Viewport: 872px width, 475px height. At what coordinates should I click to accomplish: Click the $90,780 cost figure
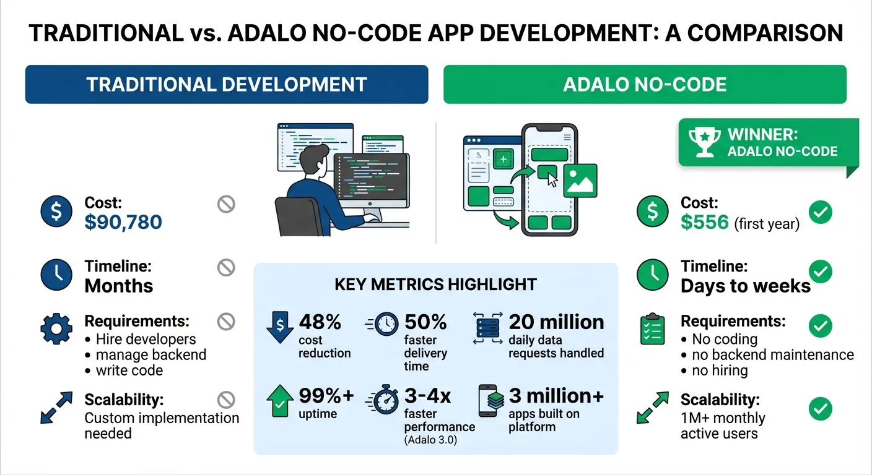[123, 222]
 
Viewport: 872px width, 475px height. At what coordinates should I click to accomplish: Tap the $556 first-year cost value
[705, 222]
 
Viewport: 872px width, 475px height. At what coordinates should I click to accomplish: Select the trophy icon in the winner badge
[706, 142]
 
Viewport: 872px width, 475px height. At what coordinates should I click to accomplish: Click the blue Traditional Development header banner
[226, 84]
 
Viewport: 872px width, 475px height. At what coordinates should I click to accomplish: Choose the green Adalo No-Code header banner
[645, 84]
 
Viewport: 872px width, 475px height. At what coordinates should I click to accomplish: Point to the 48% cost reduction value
[320, 322]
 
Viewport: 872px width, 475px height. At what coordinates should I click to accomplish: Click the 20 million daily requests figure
[556, 322]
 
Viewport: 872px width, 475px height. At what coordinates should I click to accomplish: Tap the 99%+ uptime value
[326, 396]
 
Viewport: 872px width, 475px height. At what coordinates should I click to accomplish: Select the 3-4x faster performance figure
[427, 396]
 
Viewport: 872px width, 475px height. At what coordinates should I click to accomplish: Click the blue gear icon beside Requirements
[56, 329]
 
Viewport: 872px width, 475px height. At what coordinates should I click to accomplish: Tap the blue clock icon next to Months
[56, 275]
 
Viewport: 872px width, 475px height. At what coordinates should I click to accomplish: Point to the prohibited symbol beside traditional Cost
[226, 204]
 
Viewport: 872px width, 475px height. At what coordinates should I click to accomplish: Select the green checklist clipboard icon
[652, 330]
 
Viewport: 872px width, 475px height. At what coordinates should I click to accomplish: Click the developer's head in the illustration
[316, 153]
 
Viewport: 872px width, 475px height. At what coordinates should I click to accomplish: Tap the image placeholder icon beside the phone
[580, 180]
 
